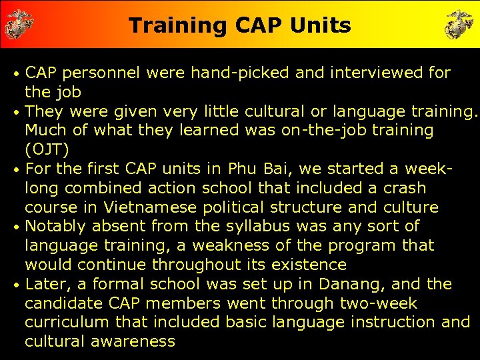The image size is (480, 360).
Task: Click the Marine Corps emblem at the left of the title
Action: point(19,24)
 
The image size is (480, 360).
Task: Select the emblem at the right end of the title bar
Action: point(459,24)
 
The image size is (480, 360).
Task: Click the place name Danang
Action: point(352,284)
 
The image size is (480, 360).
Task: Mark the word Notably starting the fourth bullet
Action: point(56,227)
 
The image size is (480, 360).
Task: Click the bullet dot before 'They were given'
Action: point(17,111)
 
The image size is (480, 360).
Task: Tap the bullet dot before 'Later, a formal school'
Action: point(17,285)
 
